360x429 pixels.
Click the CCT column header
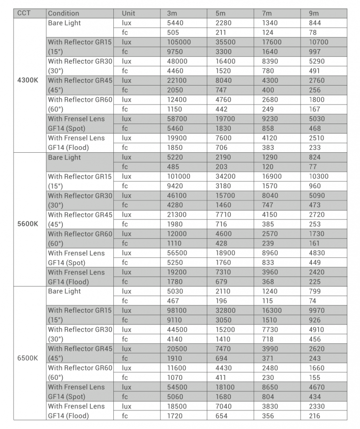click(24, 13)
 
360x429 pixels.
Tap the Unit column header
click(129, 13)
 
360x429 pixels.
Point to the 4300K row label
click(28, 80)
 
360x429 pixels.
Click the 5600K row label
click(28, 224)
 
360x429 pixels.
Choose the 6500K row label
click(28, 358)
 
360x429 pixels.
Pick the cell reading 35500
click(225, 42)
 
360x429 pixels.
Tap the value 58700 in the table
click(177, 119)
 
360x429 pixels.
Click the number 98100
click(177, 310)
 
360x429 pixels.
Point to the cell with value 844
click(315, 23)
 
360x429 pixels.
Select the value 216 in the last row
click(315, 416)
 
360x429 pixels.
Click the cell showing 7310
click(223, 272)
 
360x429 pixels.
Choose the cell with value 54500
click(177, 387)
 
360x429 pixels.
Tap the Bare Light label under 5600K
click(64, 157)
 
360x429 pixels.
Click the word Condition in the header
click(63, 13)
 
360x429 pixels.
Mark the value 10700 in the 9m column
click(319, 42)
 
